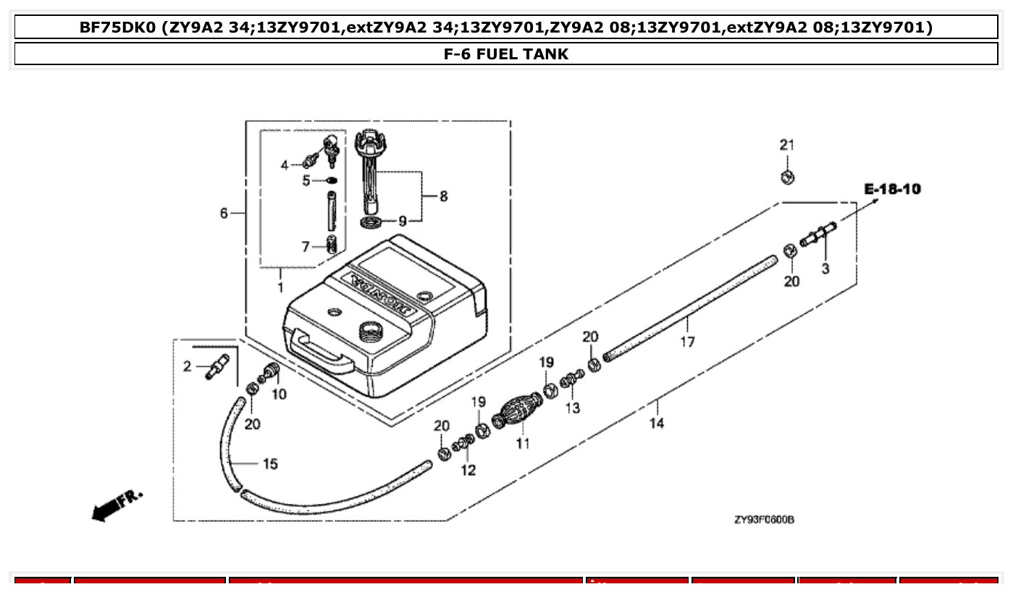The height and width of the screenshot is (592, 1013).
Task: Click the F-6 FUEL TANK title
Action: click(506, 54)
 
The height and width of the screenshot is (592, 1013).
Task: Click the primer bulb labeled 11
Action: click(517, 411)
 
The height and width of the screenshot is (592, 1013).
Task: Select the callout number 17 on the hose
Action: click(686, 341)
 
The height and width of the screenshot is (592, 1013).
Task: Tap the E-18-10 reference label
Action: click(892, 189)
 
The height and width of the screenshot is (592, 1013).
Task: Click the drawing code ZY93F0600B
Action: click(763, 520)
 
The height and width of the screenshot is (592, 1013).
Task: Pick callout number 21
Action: click(786, 145)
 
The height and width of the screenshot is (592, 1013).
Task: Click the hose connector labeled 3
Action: click(818, 237)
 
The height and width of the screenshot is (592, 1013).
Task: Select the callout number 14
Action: click(656, 423)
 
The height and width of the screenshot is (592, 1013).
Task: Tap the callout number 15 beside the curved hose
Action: click(269, 464)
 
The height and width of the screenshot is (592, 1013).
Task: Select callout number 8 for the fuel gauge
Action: click(443, 196)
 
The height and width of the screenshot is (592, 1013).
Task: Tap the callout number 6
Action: click(224, 213)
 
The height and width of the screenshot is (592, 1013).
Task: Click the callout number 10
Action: click(279, 394)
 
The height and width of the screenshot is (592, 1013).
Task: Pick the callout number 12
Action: click(468, 470)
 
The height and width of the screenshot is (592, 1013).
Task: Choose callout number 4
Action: click(285, 166)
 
